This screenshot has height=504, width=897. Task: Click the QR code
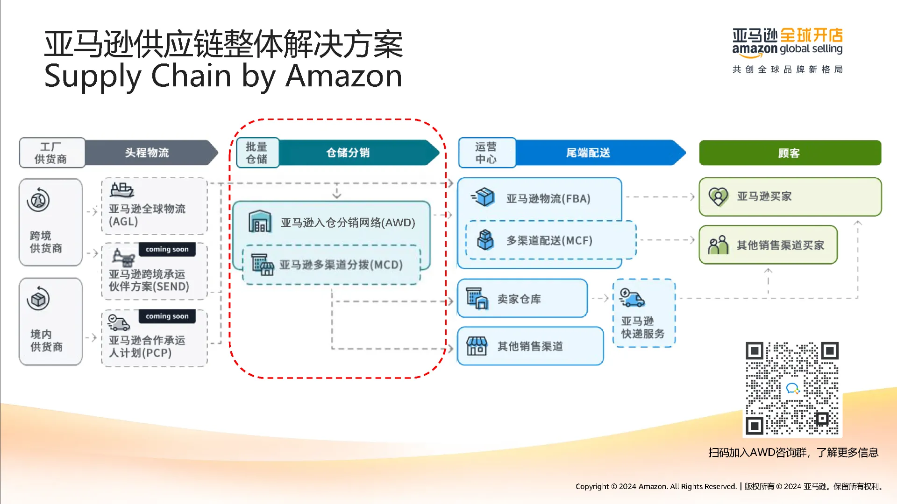click(792, 388)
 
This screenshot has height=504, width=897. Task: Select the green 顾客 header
click(790, 153)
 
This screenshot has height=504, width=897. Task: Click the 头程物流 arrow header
click(147, 153)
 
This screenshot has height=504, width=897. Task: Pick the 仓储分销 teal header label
click(348, 153)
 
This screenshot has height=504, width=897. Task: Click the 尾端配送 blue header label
click(588, 153)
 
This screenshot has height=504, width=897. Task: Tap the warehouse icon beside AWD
click(260, 222)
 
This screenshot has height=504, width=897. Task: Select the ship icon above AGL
click(122, 190)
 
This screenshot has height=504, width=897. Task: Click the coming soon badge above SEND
click(167, 249)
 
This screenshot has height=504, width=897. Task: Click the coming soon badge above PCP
click(167, 316)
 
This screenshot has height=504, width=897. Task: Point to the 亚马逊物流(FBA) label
click(548, 199)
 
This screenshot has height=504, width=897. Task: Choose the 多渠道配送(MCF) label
click(549, 240)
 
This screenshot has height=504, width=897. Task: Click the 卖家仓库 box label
click(519, 299)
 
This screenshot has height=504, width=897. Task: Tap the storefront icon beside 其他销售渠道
click(477, 346)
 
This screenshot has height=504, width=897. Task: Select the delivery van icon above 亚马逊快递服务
click(632, 297)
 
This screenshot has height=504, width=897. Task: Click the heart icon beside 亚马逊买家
click(718, 196)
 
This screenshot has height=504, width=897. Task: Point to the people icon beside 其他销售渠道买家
click(718, 245)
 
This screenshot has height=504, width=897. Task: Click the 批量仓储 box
click(257, 153)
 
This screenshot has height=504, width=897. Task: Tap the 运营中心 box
click(486, 153)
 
